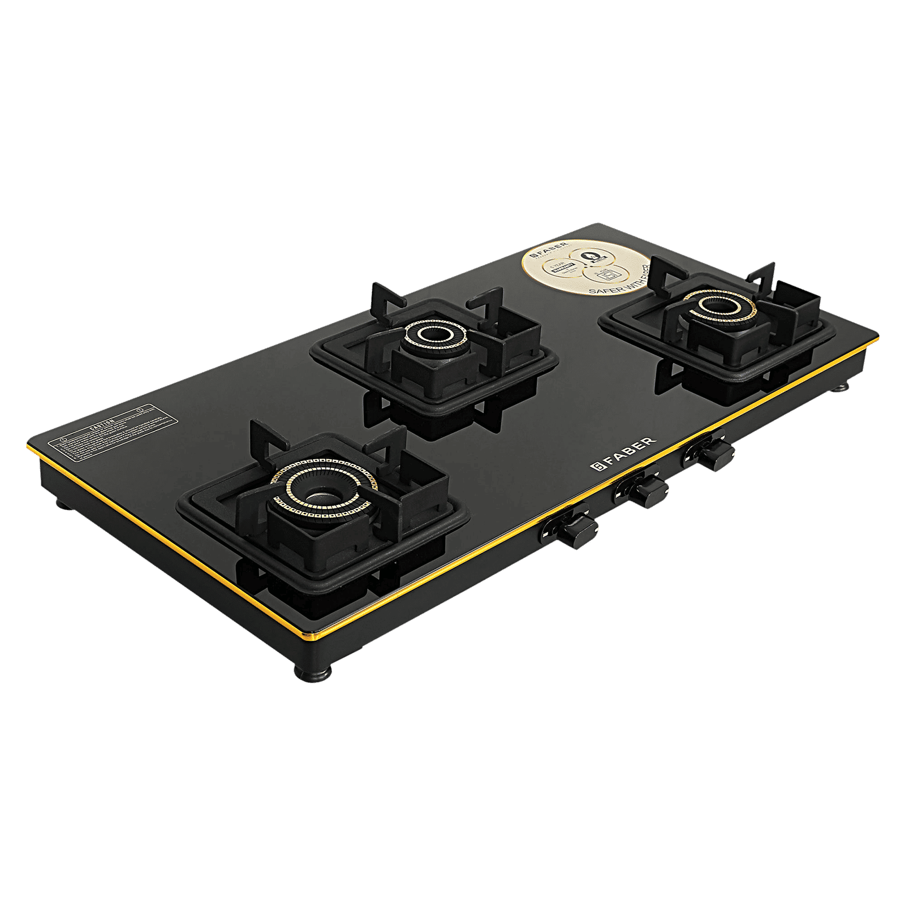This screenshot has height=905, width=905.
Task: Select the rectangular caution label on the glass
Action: click(102, 428)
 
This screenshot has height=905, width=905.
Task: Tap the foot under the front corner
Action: click(306, 673)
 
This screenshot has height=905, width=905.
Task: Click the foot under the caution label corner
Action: click(63, 502)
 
